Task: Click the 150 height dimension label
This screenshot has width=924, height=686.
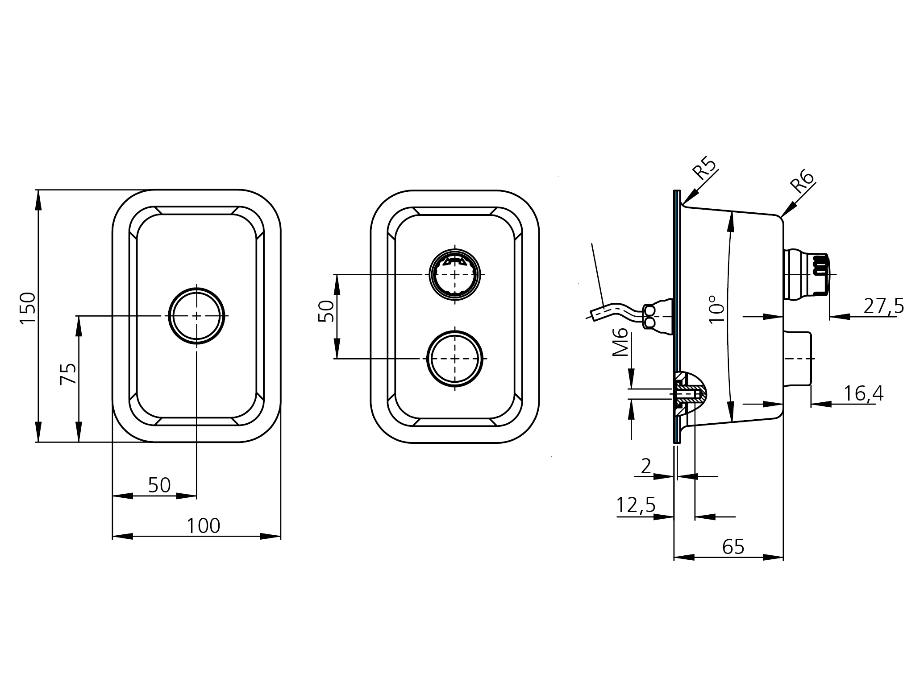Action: [x=28, y=309]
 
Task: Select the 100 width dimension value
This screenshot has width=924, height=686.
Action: [x=204, y=526]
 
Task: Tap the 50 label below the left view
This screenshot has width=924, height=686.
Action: [x=159, y=485]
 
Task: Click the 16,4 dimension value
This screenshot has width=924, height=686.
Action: [x=864, y=394]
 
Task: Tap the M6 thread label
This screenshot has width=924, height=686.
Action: [x=620, y=343]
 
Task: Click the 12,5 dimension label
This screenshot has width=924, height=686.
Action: [x=636, y=506]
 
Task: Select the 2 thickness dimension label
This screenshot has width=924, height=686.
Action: [x=646, y=467]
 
